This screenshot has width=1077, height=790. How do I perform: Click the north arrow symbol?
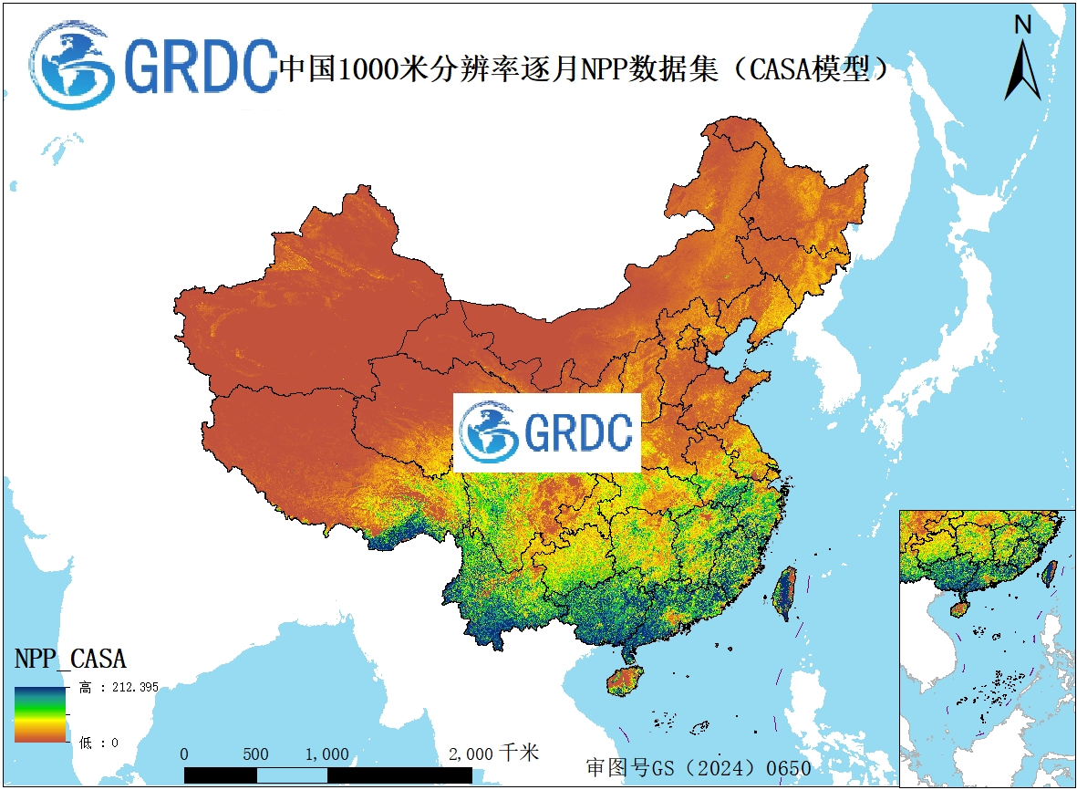[1022, 71]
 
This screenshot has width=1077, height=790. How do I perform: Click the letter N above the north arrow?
[1022, 26]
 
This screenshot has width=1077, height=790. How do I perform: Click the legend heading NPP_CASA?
[70, 658]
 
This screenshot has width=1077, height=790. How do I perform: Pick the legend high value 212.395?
[129, 687]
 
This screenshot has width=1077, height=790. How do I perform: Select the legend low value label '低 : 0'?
[98, 743]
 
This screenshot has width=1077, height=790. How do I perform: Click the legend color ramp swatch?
[39, 714]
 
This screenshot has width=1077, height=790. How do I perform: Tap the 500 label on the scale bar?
[255, 754]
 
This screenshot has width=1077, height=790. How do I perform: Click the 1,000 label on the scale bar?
[326, 754]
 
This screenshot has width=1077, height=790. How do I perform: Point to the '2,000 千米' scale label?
[493, 754]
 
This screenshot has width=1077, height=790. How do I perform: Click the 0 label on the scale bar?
[185, 754]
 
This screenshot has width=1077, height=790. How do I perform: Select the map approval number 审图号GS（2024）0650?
[698, 768]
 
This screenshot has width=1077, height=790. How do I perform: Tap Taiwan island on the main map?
[783, 593]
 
